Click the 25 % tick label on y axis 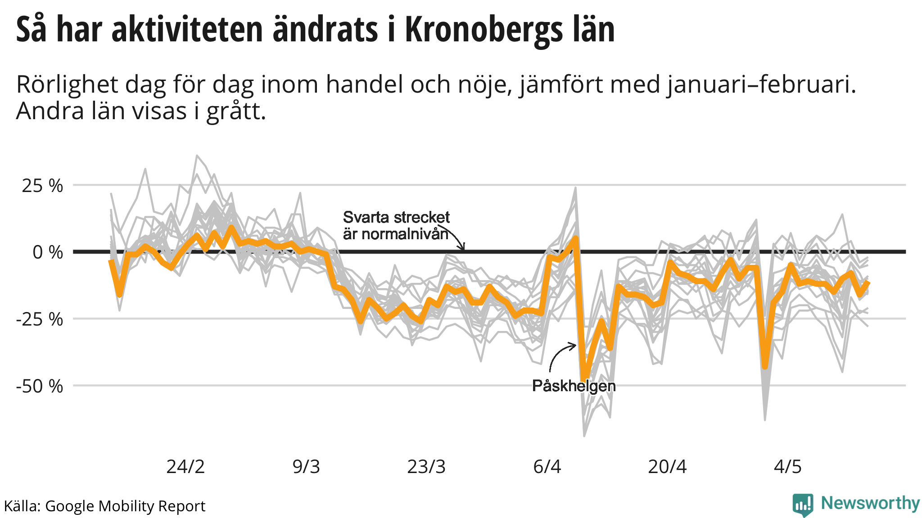(x=42, y=186)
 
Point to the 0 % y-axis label (x=47, y=252)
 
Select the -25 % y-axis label (x=40, y=319)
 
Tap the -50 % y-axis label (x=40, y=386)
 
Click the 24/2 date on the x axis (x=185, y=467)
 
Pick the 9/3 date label (x=306, y=467)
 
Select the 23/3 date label (x=426, y=467)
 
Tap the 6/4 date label (x=547, y=467)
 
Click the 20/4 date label (x=667, y=467)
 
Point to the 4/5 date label (x=788, y=467)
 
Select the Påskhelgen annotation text (x=574, y=386)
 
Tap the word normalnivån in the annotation (x=396, y=234)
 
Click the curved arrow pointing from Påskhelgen (x=558, y=355)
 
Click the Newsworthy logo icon (x=803, y=505)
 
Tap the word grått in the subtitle (x=235, y=112)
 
